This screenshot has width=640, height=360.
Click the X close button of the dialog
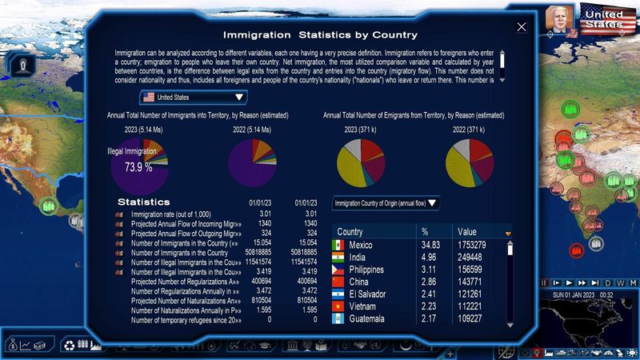(522, 27)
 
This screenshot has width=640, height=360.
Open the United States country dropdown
(193, 98)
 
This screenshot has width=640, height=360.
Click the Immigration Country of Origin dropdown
(386, 203)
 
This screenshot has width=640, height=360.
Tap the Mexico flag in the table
(338, 245)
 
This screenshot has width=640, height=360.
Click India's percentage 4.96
(430, 258)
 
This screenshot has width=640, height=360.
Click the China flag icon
(338, 282)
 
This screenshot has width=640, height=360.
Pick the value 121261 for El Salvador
(473, 294)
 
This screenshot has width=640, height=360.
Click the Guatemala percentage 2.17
(430, 319)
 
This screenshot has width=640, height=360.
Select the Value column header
(467, 231)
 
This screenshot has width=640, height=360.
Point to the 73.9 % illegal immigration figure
(138, 167)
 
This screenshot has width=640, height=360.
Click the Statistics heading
(144, 202)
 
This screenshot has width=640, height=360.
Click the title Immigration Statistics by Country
(320, 34)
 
